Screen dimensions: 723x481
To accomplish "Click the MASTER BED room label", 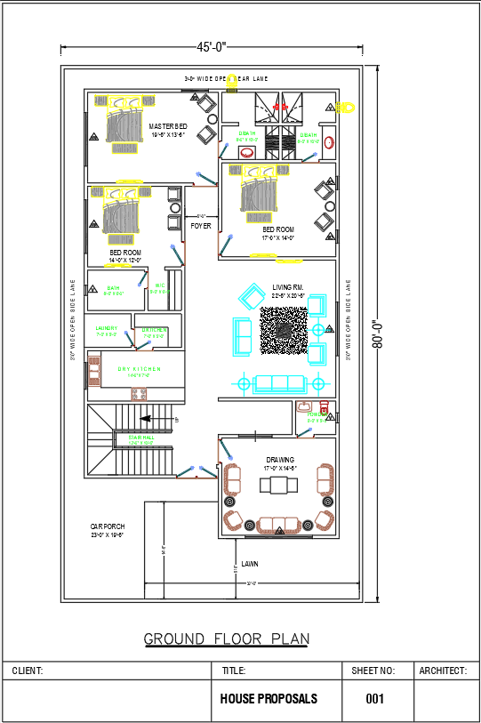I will (167, 126).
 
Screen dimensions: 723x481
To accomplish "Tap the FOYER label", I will (201, 226).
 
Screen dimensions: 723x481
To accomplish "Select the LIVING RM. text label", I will (288, 287).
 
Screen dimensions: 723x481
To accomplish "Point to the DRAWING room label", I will (280, 460).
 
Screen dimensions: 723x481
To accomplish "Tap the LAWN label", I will (250, 564).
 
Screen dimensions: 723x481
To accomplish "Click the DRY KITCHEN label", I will (139, 368).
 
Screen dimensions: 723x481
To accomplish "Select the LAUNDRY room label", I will (107, 329).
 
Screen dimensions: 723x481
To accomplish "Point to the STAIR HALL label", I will (141, 438).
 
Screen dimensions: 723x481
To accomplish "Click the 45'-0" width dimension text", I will (212, 46).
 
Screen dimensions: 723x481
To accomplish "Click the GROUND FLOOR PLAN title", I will (227, 639).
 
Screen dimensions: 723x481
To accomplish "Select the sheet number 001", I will (375, 699).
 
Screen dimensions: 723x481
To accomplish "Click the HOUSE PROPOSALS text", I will (269, 699).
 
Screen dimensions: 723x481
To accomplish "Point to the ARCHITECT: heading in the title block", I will (443, 671).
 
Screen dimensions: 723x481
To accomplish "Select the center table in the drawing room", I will (279, 485).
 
